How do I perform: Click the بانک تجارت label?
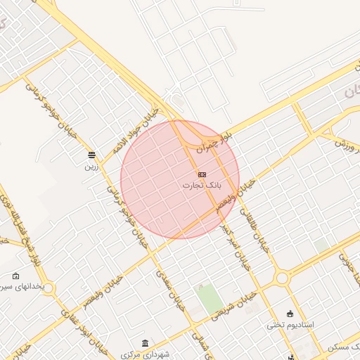click(x=202, y=185)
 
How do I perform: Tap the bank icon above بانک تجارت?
click(x=202, y=174)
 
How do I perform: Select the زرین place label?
click(x=91, y=167)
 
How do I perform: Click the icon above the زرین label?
click(x=91, y=155)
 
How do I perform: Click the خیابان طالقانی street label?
click(x=254, y=229)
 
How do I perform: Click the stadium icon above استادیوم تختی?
click(x=290, y=314)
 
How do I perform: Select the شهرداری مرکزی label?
click(x=146, y=354)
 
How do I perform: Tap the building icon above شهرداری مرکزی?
click(x=145, y=343)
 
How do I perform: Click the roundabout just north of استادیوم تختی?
click(x=283, y=278)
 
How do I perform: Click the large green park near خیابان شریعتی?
click(x=209, y=300)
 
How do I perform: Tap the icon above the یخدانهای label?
click(x=15, y=276)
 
